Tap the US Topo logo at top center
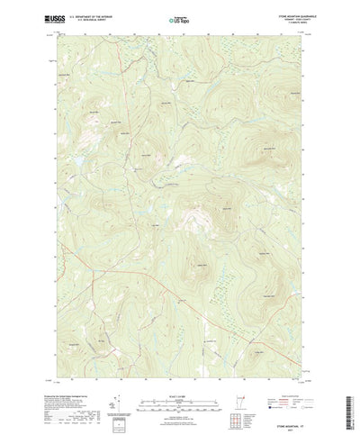[x=180, y=17]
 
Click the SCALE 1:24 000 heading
[x=180, y=380]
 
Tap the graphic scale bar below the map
[x=180, y=390]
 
